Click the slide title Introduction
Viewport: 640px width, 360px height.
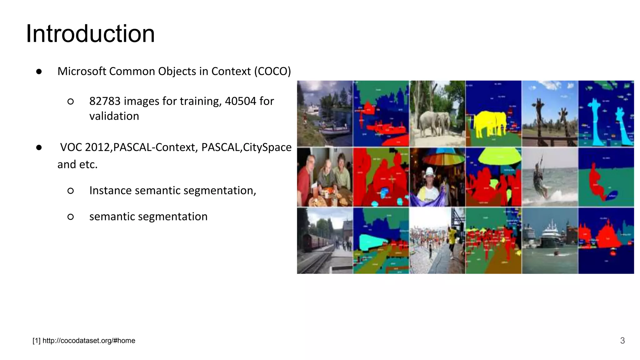click(90, 34)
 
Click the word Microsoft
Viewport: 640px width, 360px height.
click(82, 71)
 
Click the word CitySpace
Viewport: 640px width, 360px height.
click(267, 147)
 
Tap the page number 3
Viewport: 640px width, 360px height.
click(622, 341)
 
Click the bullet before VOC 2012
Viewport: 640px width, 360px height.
click(39, 147)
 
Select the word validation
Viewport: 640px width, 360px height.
click(114, 116)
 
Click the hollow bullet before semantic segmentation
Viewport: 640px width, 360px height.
click(71, 217)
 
